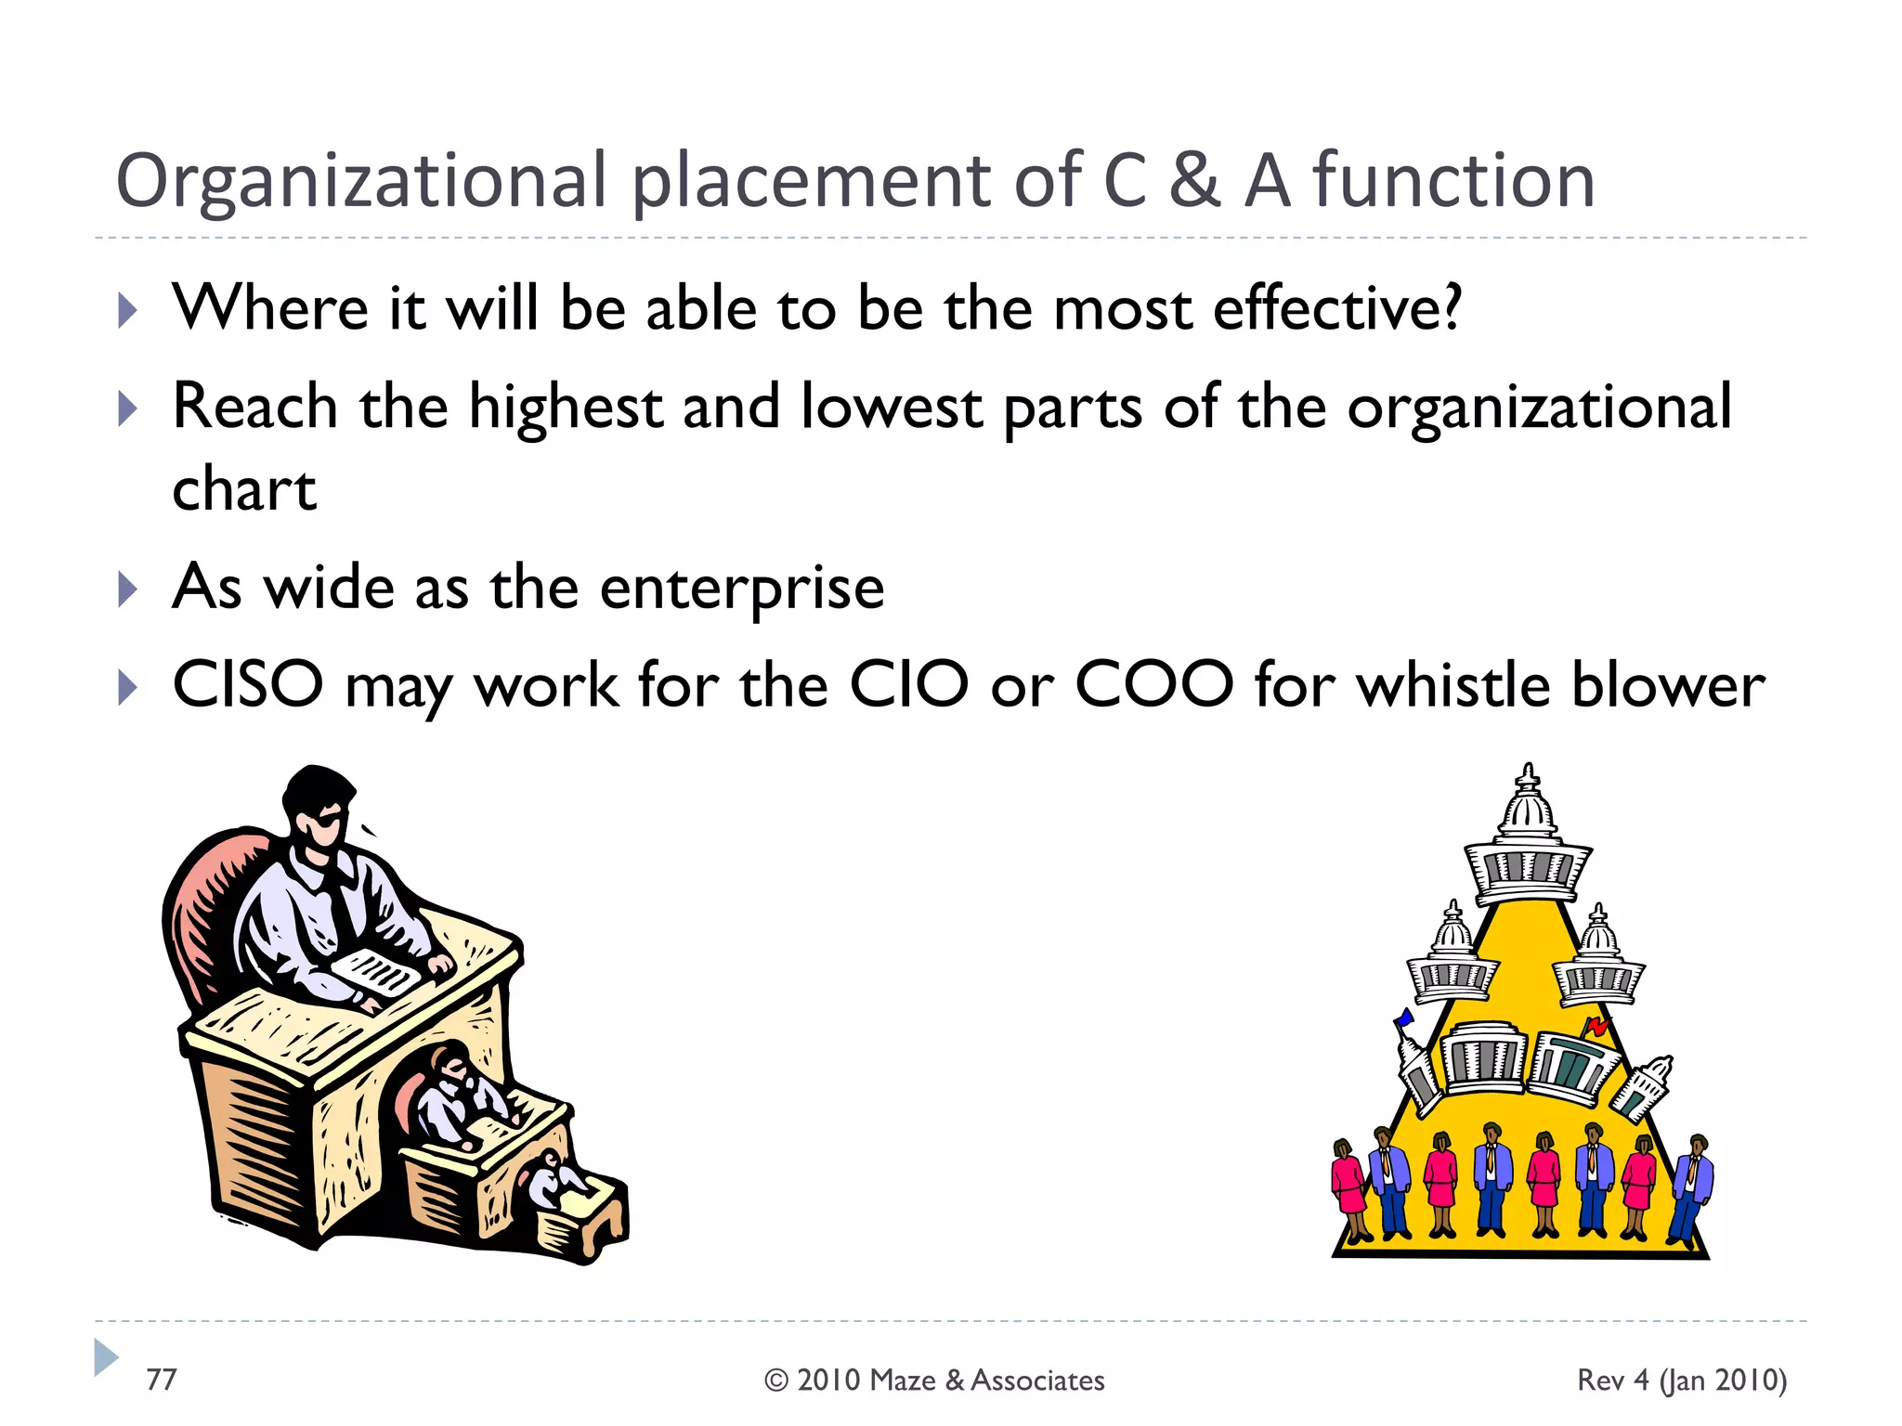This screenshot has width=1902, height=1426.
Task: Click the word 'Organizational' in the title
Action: (x=360, y=182)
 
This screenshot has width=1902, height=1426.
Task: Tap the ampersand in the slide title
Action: (x=1193, y=180)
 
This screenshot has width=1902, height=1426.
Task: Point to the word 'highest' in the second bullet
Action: (x=565, y=408)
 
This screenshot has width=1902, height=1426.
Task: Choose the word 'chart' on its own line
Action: (x=244, y=489)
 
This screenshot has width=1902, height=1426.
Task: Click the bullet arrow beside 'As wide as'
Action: (x=128, y=589)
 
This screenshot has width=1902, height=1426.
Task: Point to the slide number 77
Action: (x=161, y=1380)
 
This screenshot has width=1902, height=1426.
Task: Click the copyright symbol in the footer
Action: (x=775, y=1381)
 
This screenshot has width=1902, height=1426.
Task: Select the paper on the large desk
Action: (x=376, y=973)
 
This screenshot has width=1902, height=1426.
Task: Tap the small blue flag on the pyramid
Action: (x=1405, y=1018)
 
